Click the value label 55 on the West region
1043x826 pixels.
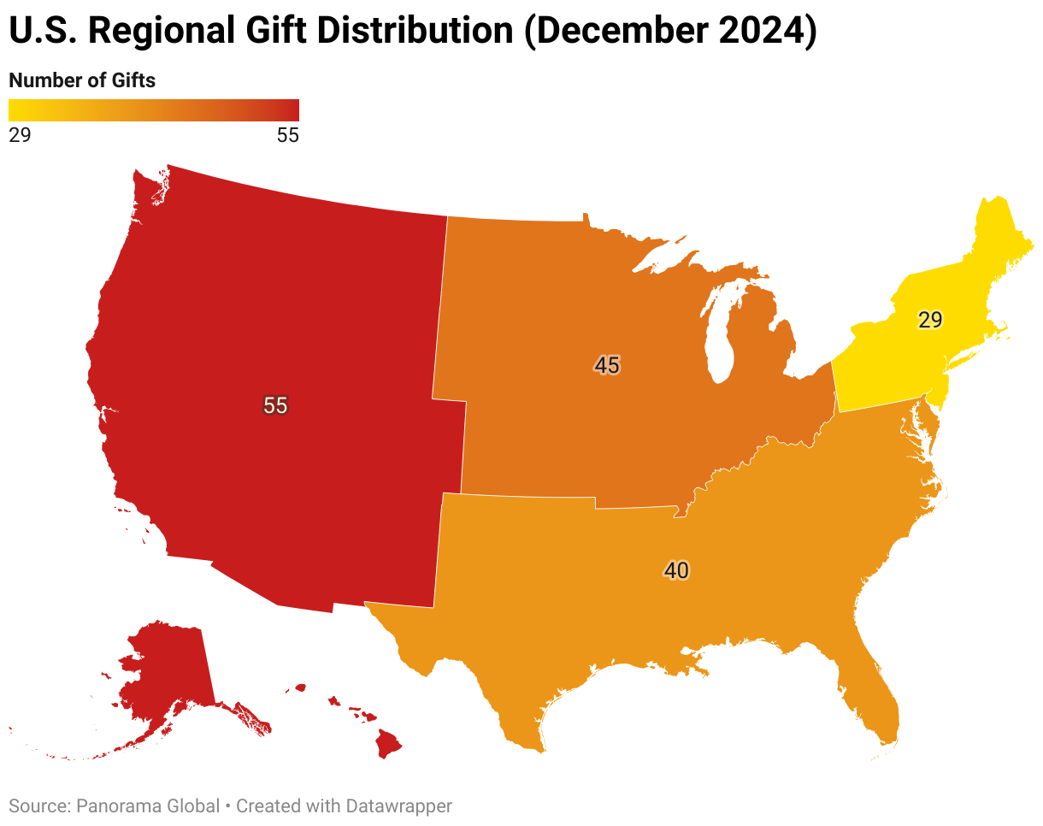[x=275, y=405]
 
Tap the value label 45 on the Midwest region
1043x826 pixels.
[x=607, y=365]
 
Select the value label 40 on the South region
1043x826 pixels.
[x=676, y=570]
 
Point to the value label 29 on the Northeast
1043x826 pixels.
[x=930, y=320]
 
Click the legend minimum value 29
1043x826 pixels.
[x=20, y=135]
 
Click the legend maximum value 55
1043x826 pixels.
[x=288, y=135]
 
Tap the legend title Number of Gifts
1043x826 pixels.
[x=82, y=80]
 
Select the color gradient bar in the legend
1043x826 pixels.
[x=154, y=110]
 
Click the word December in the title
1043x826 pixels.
[x=615, y=31]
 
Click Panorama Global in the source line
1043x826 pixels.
[x=148, y=805]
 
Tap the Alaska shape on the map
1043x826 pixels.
[x=167, y=671]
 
